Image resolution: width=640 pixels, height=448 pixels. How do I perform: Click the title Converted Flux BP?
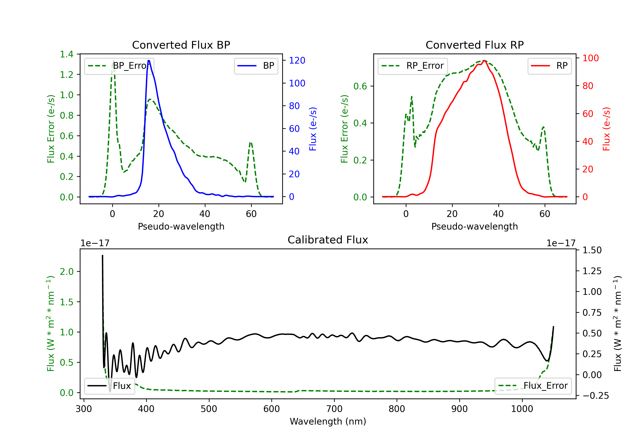coord(181,45)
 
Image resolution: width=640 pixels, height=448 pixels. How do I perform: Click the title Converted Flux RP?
coord(474,45)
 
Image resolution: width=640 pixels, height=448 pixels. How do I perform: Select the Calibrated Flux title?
coord(328,240)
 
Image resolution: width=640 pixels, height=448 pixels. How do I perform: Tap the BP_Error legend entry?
coord(119,66)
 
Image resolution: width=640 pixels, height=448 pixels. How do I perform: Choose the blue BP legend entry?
coord(256,66)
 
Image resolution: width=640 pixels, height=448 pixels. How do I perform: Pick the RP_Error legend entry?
coord(413,66)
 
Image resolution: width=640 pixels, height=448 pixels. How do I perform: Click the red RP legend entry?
coord(549,66)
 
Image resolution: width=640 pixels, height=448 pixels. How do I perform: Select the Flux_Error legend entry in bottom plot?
coord(533,386)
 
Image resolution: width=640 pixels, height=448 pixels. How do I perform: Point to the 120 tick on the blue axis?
coord(297,61)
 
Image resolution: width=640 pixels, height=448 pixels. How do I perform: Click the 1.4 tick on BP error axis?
coord(67,54)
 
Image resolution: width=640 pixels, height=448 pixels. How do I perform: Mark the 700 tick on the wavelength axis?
coord(334,409)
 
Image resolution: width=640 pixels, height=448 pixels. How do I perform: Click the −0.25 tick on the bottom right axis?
coord(596,396)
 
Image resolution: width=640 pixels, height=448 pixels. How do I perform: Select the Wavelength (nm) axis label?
coord(328,421)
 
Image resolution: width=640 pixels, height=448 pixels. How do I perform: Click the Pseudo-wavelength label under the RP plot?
coord(474,226)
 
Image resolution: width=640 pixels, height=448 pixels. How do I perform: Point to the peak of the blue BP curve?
coord(149,61)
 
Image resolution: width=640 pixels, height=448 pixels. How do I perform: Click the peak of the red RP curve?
coord(484,61)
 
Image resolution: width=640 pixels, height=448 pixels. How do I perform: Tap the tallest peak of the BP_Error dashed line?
coord(113,61)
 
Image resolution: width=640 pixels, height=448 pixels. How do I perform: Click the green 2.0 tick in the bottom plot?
coord(67,272)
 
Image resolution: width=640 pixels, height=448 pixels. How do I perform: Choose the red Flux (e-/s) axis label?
coord(607,129)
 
